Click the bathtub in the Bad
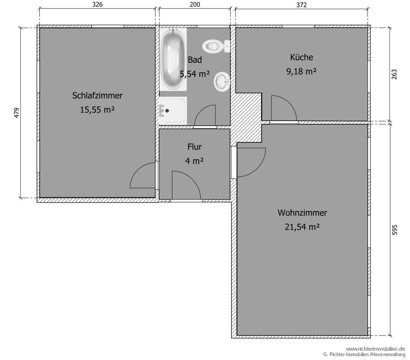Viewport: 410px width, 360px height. [173, 59]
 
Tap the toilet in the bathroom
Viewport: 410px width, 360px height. [216, 46]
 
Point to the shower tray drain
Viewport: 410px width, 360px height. [167, 110]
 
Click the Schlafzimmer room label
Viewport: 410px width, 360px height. [97, 96]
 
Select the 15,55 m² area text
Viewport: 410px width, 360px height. [97, 110]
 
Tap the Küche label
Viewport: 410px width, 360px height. [301, 57]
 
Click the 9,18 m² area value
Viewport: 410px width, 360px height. [301, 71]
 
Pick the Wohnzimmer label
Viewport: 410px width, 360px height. [302, 213]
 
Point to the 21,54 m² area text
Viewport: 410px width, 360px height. [302, 227]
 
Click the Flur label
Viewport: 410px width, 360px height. [195, 147]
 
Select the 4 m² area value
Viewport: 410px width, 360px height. [194, 161]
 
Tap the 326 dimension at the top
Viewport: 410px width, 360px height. [97, 5]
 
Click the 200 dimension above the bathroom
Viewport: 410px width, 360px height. [195, 5]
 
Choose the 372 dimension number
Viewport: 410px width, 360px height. [301, 5]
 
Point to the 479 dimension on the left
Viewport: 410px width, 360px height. [16, 113]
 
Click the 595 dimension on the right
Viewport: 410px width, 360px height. [395, 230]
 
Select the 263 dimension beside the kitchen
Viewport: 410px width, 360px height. [394, 75]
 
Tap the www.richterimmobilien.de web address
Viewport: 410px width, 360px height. [375, 349]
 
